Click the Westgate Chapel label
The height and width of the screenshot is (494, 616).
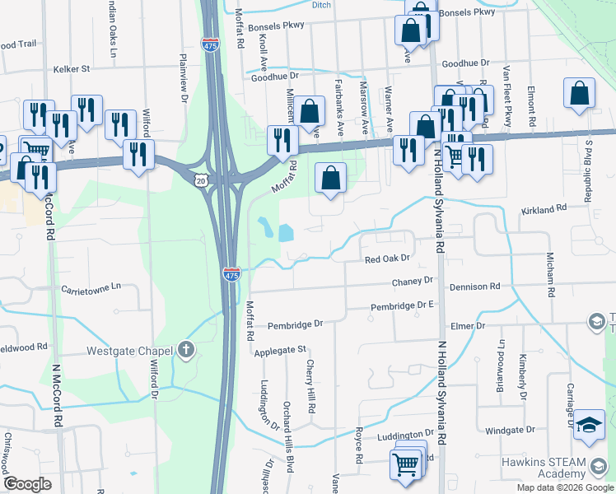tap(128, 351)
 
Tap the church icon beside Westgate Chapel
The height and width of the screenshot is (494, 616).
tap(186, 351)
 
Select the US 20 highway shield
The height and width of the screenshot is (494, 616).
tap(203, 179)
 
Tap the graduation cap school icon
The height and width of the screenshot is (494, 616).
tap(590, 425)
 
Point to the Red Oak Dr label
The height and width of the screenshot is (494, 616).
tap(387, 259)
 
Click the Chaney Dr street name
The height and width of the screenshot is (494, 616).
tap(413, 281)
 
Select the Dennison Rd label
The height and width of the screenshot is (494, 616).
tap(474, 287)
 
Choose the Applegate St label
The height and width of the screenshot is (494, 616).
tap(280, 350)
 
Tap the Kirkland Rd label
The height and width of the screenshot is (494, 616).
tap(544, 211)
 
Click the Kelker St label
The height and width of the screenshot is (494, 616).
tap(72, 69)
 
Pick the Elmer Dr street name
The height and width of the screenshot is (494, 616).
tap(468, 325)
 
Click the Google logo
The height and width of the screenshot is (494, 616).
tap(27, 484)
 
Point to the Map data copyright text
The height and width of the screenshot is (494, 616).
tap(564, 487)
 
